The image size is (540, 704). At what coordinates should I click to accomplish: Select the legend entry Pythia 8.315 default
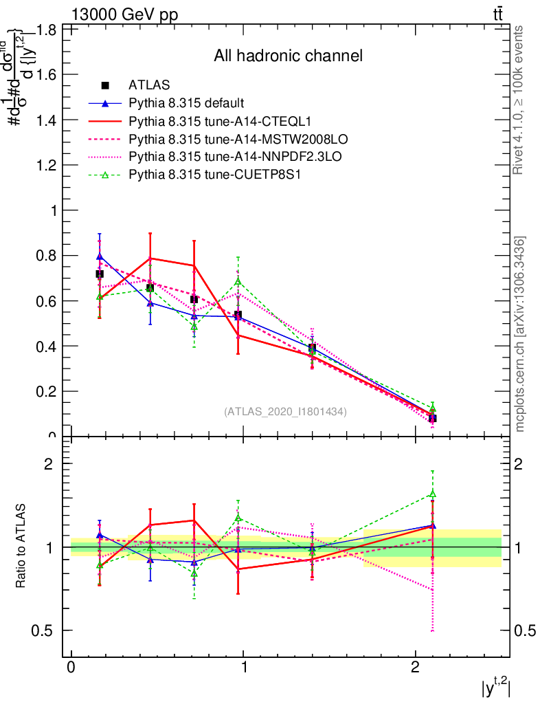(186, 103)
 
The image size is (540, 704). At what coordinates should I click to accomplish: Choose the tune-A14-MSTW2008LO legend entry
(219, 139)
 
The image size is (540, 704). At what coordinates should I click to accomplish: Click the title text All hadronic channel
(288, 56)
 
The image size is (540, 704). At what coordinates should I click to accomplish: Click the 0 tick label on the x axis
(71, 669)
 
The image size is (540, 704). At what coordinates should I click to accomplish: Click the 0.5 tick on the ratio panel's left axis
(46, 630)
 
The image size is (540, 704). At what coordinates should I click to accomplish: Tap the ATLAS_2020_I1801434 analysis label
(285, 411)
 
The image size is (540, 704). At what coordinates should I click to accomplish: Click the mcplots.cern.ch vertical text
(520, 334)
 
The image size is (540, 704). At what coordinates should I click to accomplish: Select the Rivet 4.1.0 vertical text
(520, 100)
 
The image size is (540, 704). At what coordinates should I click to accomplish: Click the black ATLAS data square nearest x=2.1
(432, 418)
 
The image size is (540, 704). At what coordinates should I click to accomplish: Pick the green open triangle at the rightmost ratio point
(432, 494)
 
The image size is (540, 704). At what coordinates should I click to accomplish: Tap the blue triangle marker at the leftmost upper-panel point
(100, 256)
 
